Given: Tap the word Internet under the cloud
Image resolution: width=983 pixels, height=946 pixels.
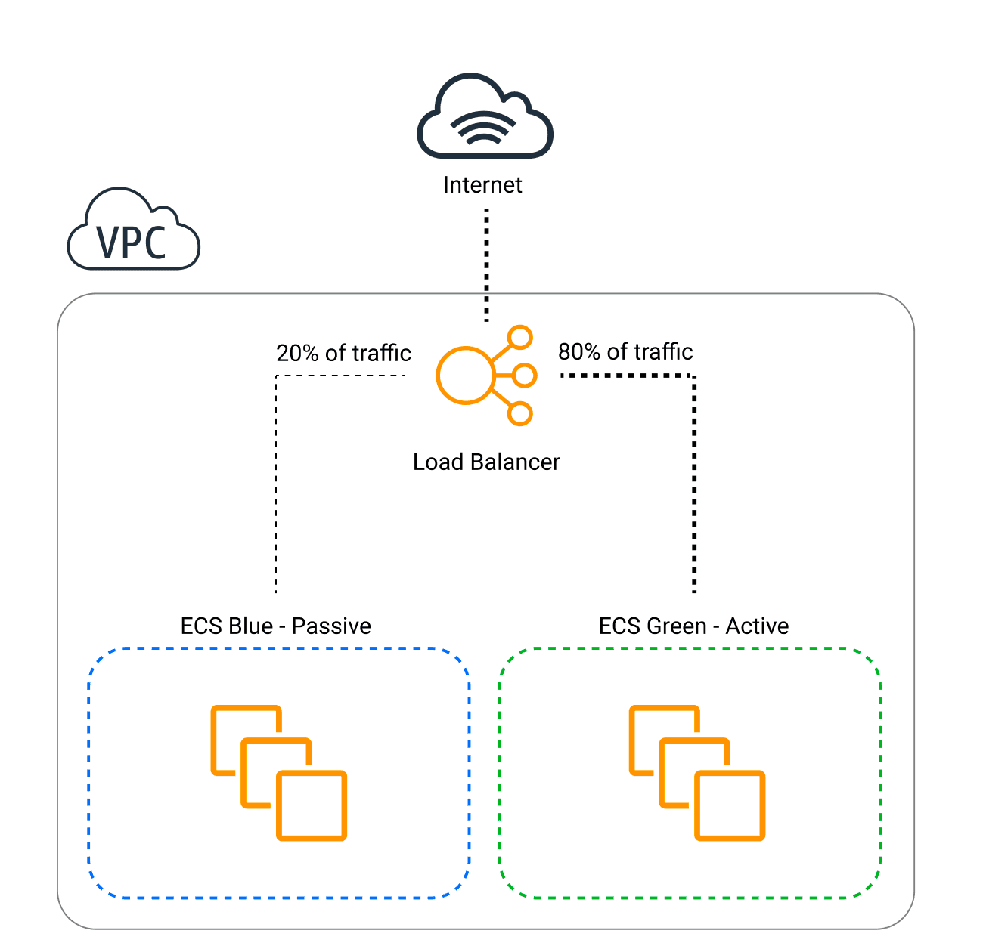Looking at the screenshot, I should click(482, 185).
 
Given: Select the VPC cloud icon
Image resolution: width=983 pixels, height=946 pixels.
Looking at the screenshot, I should click(133, 230).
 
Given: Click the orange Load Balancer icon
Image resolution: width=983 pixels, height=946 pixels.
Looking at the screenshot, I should click(485, 376).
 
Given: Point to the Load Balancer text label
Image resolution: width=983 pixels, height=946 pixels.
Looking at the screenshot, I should click(486, 462).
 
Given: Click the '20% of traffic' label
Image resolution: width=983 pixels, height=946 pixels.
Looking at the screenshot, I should click(343, 353).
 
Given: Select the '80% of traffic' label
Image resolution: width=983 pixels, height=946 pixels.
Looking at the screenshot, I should click(625, 351).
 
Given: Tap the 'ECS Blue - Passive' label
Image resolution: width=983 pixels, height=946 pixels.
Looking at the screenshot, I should click(276, 626).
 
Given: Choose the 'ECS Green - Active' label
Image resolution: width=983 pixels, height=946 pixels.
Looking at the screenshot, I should click(693, 626).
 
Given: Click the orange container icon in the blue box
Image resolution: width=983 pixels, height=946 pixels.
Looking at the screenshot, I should click(278, 772).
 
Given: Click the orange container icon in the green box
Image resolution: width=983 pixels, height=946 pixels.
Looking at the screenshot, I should click(697, 772).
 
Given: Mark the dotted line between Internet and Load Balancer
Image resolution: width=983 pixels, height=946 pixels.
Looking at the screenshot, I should click(486, 264).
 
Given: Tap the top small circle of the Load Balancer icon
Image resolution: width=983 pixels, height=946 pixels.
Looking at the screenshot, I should click(520, 337).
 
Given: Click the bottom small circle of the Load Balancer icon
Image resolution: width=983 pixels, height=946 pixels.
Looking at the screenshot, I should click(520, 413).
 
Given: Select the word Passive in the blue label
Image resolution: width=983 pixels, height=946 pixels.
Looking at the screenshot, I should click(331, 626).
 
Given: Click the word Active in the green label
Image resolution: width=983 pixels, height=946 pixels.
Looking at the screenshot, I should click(757, 626).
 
